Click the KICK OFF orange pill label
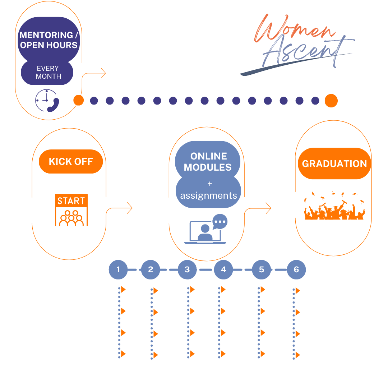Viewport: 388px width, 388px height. (71, 162)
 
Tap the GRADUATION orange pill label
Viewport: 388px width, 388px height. (334, 163)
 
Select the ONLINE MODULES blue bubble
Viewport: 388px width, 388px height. (208, 161)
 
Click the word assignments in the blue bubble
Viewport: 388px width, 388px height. (209, 195)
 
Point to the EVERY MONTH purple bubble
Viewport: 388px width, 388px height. (47, 72)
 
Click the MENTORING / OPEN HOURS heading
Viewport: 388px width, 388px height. (49, 40)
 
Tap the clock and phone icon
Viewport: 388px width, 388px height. (47, 101)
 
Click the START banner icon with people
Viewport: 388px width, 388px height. (71, 210)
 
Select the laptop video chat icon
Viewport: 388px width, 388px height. (206, 229)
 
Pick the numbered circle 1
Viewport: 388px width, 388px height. (118, 269)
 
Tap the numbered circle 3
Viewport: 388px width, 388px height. (187, 269)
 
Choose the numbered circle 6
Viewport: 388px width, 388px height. (296, 269)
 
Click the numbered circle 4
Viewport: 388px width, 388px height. (223, 269)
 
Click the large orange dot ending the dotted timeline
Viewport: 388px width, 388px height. (331, 101)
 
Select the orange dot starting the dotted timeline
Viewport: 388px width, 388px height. (79, 101)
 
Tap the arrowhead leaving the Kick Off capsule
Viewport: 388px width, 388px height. (130, 208)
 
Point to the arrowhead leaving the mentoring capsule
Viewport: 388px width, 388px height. (103, 73)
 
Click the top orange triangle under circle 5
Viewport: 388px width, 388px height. (263, 290)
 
